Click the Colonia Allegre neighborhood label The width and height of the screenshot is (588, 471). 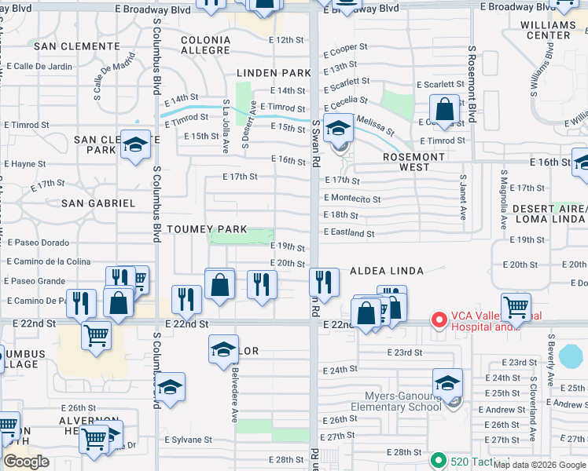click(x=205, y=45)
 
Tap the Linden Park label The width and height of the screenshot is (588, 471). click(x=270, y=73)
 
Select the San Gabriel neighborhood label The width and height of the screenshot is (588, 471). click(x=98, y=203)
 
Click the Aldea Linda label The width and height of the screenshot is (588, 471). click(x=386, y=271)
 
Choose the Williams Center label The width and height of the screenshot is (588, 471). click(x=549, y=30)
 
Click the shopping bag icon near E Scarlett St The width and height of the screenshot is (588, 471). click(x=445, y=109)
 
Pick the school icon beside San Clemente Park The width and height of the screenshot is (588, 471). click(x=135, y=144)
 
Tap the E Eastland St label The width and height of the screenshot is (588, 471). click(x=349, y=233)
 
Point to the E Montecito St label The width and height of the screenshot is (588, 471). click(x=352, y=199)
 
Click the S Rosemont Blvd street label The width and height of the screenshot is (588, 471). click(x=472, y=82)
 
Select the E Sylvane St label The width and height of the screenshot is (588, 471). click(x=189, y=440)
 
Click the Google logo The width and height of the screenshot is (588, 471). click(x=27, y=462)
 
